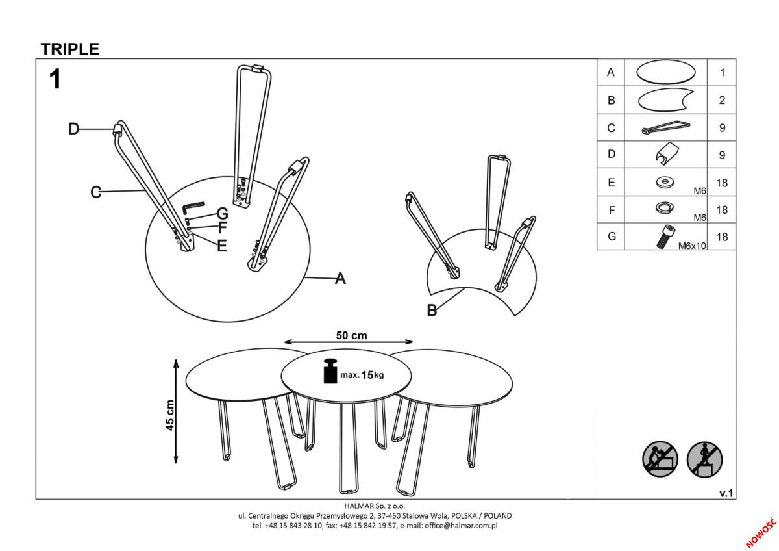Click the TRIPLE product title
tap(70, 49)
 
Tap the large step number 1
tap(55, 79)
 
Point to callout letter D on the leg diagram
tap(74, 129)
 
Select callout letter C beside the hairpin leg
tap(96, 192)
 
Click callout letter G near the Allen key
tap(222, 214)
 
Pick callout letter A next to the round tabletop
tap(340, 278)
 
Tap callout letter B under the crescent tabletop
tap(432, 310)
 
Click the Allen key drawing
tap(193, 208)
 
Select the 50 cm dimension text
tap(351, 335)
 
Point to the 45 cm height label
tap(169, 415)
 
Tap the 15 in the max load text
tap(367, 375)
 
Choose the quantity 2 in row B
tap(722, 100)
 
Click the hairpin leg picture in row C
tap(666, 127)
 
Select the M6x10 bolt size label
tap(692, 246)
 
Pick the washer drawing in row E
tap(665, 182)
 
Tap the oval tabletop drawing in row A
tap(666, 72)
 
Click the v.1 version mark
tap(726, 493)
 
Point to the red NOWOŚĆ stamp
tap(761, 533)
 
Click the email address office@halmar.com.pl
tap(461, 526)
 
